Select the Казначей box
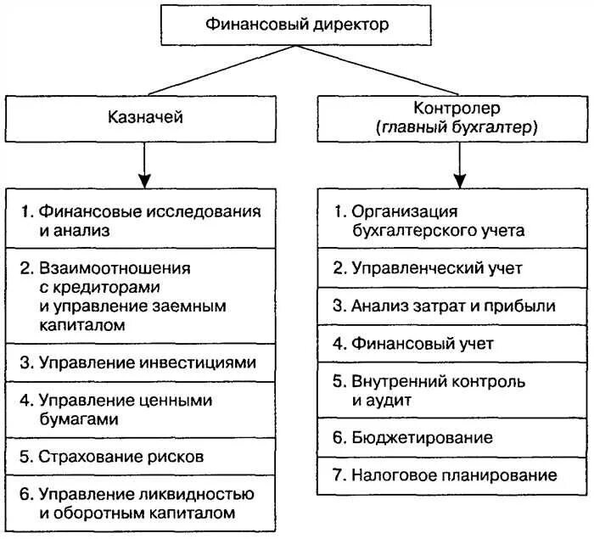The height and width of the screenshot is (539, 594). point(145,118)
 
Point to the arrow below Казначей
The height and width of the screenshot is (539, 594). point(145,165)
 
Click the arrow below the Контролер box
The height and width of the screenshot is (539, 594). point(460,165)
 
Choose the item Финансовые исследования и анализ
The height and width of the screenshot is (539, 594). point(145,219)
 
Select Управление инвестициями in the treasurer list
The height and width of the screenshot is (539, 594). point(145,363)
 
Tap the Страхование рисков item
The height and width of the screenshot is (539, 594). point(145,457)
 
